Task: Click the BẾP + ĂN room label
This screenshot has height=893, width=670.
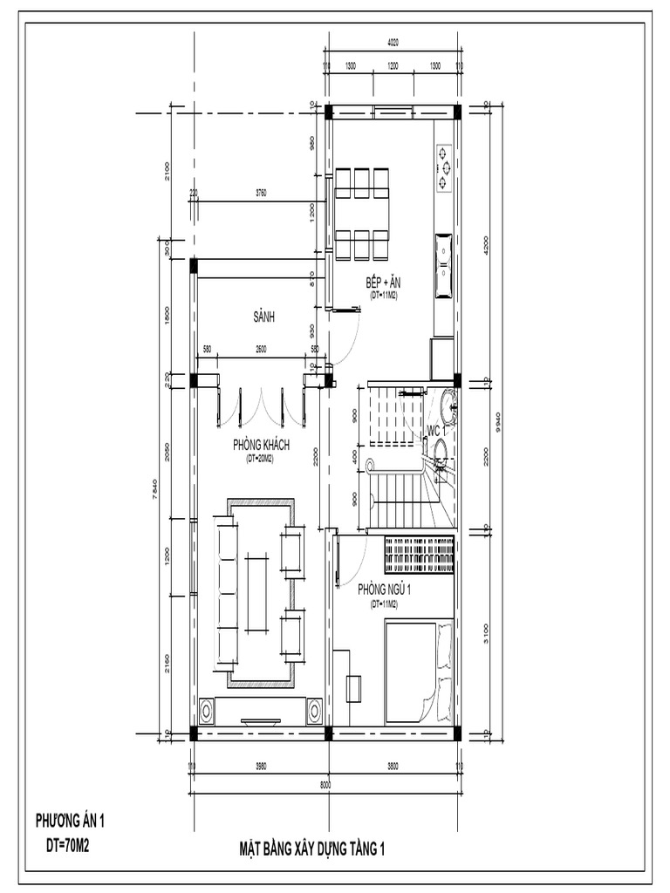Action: click(x=384, y=283)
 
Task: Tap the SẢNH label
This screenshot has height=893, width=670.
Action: click(x=263, y=318)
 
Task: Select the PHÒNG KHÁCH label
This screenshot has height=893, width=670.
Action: click(x=261, y=446)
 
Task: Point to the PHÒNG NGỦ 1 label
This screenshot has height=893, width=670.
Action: click(x=385, y=590)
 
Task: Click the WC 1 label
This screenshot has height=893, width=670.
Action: click(x=435, y=432)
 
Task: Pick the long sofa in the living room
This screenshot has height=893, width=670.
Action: click(x=225, y=592)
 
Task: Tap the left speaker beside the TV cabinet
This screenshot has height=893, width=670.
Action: click(x=208, y=710)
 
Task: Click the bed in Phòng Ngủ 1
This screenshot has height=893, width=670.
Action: click(x=420, y=671)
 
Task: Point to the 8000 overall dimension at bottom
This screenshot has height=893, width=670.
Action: click(x=325, y=785)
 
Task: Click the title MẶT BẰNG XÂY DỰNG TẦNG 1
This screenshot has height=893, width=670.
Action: click(x=311, y=849)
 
